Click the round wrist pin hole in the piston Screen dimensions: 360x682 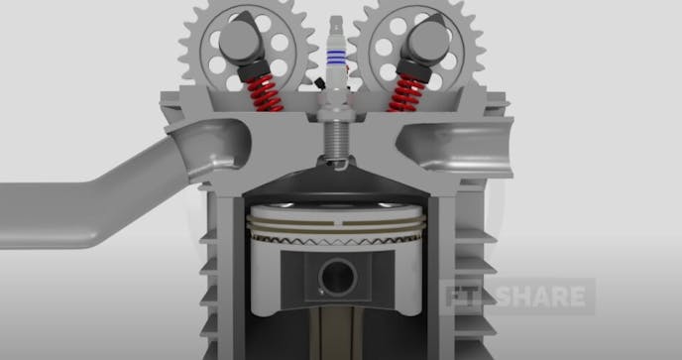coord(337,275)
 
